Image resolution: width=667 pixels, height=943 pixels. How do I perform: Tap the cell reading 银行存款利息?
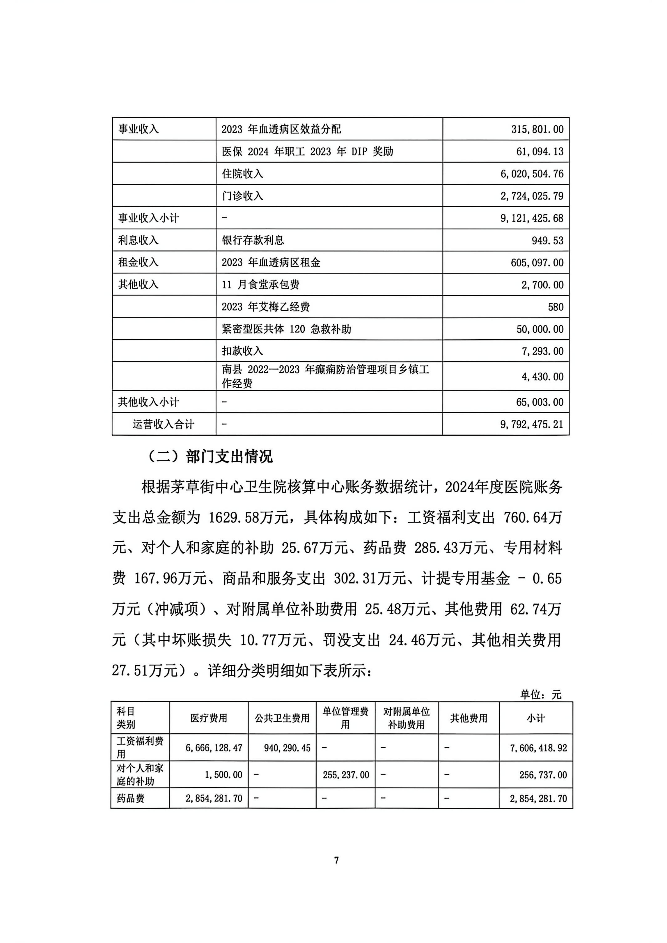253,240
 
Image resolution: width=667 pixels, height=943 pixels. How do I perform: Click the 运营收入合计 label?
163,424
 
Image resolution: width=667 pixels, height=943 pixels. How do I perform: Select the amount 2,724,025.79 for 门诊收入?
532,196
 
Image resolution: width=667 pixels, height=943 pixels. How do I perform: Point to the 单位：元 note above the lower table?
540,695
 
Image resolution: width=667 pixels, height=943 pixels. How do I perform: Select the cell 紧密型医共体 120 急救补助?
287,329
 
